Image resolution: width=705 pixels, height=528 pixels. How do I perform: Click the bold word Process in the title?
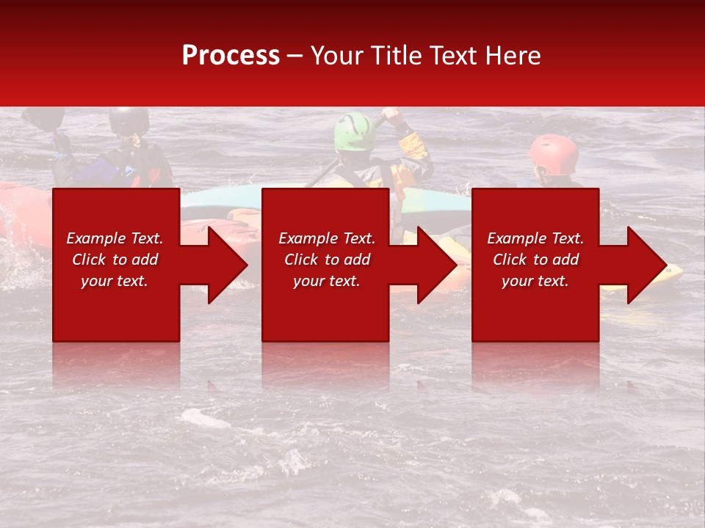[231, 56]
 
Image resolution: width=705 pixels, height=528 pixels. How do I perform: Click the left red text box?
[115, 264]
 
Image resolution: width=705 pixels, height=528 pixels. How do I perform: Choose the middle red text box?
[325, 264]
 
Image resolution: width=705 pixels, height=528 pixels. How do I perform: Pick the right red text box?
[535, 264]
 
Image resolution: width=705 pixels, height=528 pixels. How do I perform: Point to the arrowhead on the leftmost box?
[226, 265]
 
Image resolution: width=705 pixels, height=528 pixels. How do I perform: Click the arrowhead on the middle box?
[436, 265]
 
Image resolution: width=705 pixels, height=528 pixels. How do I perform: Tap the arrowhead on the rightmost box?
[646, 265]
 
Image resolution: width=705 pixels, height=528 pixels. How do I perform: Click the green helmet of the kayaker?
[354, 132]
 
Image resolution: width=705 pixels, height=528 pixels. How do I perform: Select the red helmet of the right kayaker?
[554, 153]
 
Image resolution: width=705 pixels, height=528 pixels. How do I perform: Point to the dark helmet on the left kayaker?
[129, 120]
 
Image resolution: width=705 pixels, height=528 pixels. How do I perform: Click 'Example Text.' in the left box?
[115, 238]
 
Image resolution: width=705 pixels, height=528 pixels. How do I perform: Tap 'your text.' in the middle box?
[326, 281]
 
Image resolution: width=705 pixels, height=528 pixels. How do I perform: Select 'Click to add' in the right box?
[535, 260]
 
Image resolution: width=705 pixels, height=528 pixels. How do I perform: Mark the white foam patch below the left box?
[204, 419]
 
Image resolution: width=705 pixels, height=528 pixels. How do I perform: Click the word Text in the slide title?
[455, 56]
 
